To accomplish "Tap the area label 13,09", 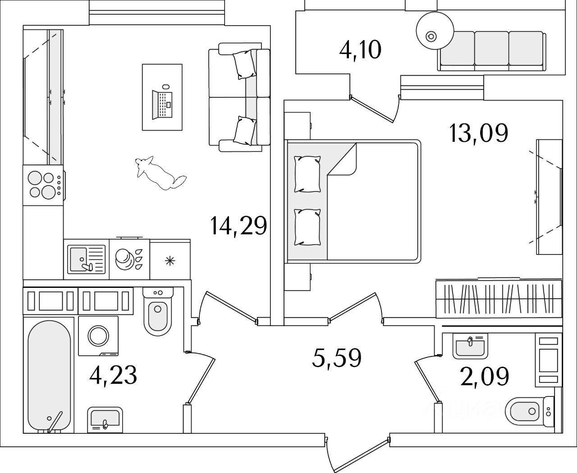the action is click(x=478, y=133).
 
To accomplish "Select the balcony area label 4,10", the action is click(x=360, y=50).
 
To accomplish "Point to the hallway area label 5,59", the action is click(x=337, y=358).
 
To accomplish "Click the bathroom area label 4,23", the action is click(x=113, y=375).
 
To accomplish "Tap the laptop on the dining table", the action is click(x=162, y=104).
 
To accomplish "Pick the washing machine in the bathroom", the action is click(x=98, y=336).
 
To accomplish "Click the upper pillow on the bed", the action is click(x=307, y=173).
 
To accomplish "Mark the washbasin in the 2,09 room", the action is click(x=470, y=346).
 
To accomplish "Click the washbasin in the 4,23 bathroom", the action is click(x=105, y=418).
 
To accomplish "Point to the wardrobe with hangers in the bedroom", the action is click(x=499, y=298).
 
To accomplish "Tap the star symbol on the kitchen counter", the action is click(x=169, y=260).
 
